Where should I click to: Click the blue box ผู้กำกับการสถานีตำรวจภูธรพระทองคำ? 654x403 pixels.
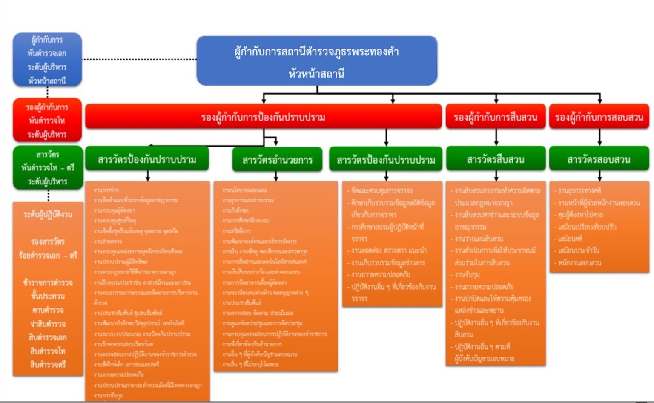[x=317, y=61]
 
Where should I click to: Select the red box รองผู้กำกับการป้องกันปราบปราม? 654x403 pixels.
[x=263, y=116]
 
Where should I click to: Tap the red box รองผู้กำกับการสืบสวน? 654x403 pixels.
[x=496, y=116]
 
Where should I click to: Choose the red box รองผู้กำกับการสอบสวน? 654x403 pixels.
[x=599, y=116]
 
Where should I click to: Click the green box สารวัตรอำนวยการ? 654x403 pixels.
[x=277, y=160]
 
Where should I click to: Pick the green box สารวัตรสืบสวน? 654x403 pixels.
[x=496, y=159]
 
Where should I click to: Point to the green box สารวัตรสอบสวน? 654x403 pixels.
[x=599, y=159]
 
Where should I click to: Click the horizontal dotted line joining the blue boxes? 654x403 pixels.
[x=139, y=59]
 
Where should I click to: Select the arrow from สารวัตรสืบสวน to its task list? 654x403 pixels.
[x=496, y=176]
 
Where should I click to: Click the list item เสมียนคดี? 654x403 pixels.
[x=570, y=239]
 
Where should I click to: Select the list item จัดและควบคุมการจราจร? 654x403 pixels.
[x=382, y=190]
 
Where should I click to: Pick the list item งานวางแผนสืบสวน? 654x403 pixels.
[x=479, y=239]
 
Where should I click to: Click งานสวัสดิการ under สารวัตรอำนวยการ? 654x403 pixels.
[x=236, y=231]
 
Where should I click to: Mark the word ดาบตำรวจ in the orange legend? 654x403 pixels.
[x=48, y=310]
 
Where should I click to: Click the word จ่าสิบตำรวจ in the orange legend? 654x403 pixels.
[x=48, y=324]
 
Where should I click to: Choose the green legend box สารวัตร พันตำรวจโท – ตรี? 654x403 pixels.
[x=48, y=167]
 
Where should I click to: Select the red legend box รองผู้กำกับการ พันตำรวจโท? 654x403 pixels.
[x=47, y=121]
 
